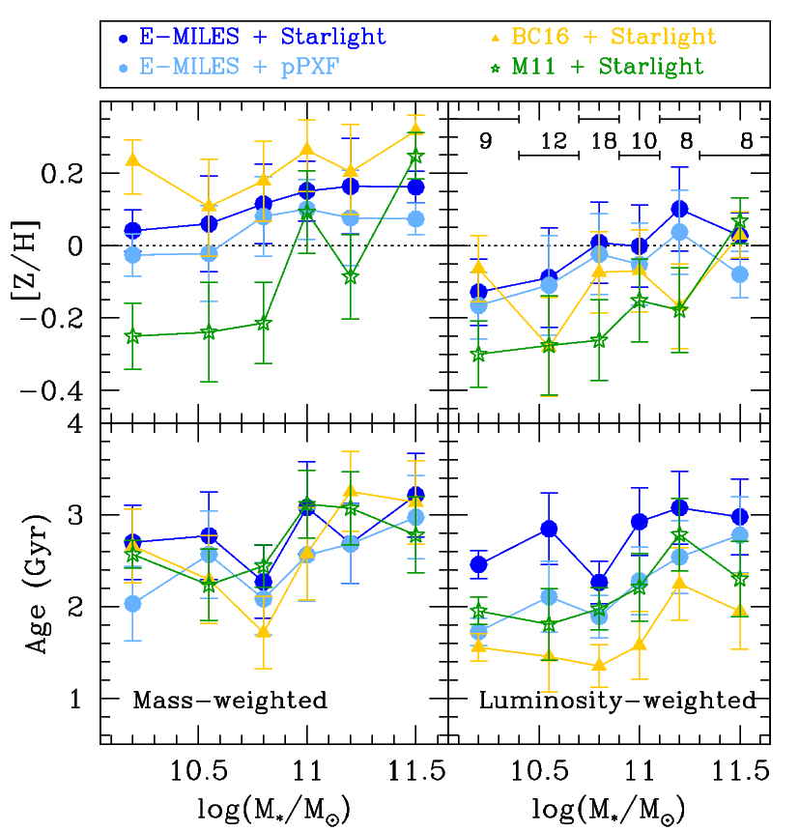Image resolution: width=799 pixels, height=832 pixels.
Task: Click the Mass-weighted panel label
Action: pyautogui.click(x=229, y=701)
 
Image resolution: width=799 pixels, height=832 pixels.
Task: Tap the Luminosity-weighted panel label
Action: pyautogui.click(x=617, y=701)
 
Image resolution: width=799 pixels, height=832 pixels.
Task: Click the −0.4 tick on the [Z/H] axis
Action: pyautogui.click(x=63, y=390)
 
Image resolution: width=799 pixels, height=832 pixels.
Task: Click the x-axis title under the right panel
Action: pyautogui.click(x=605, y=809)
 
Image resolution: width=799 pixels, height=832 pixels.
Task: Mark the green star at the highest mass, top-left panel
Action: pyautogui.click(x=416, y=157)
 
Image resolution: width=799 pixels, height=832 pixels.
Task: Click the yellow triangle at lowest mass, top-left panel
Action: pyautogui.click(x=133, y=160)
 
